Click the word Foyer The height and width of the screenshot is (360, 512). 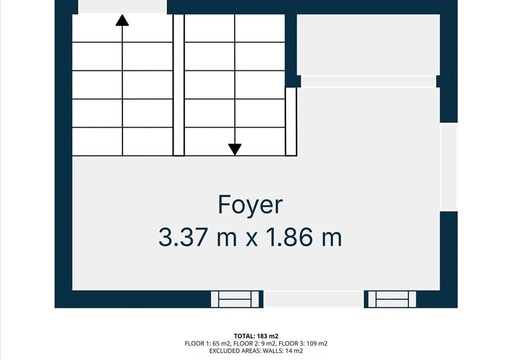pos(250,205)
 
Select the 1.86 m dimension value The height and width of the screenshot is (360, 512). pos(304,237)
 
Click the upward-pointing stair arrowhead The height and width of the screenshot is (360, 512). pos(122,20)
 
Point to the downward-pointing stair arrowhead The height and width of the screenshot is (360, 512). pos(235,149)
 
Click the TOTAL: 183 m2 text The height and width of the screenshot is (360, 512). pos(256,336)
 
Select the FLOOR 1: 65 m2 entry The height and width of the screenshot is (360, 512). pos(208,343)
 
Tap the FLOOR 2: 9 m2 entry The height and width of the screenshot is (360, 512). pos(254,343)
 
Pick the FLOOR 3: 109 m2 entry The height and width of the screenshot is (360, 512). pos(302,343)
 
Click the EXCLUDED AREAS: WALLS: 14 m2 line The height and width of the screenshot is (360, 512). pos(256,351)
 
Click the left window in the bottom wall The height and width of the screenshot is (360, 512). pos(235,299)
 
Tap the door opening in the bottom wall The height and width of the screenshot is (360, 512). pos(313,299)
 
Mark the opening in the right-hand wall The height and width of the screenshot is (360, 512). pos(448,167)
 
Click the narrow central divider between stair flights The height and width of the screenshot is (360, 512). pos(178,85)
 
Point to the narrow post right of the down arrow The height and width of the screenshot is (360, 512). pos(291,121)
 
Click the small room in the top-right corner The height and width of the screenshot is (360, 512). pos(368,45)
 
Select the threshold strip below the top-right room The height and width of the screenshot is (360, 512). pos(368,81)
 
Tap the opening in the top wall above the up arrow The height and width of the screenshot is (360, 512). pos(122,7)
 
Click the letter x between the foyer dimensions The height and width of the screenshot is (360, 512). pos(252,239)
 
